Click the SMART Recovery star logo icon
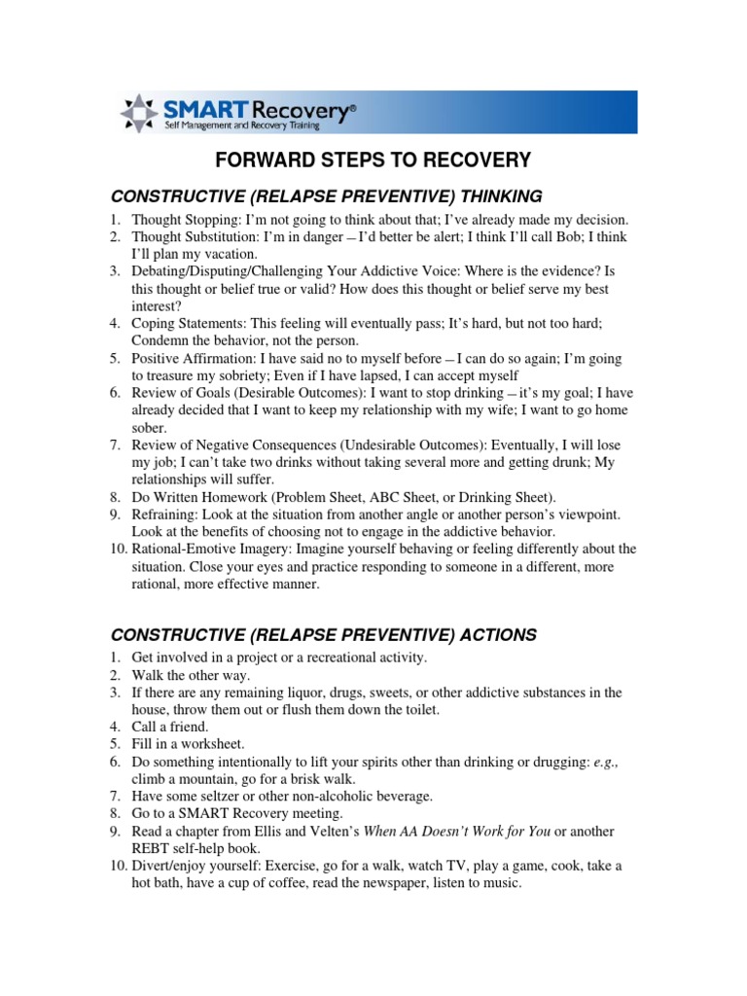(137, 114)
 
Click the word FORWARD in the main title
(265, 160)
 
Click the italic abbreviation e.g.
(603, 763)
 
